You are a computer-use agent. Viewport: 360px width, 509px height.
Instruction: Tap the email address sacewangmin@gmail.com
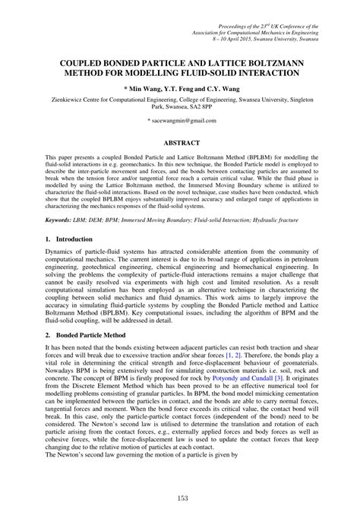[180, 121]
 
